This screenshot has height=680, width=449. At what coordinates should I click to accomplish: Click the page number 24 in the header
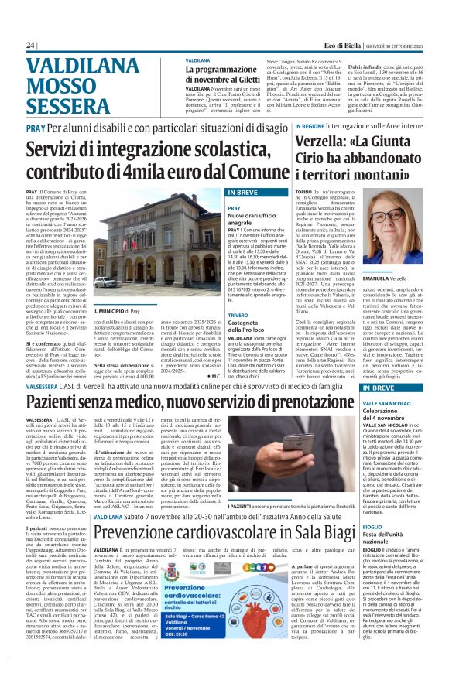(32, 46)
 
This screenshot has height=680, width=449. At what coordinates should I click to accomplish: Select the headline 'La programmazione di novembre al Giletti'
(224, 73)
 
